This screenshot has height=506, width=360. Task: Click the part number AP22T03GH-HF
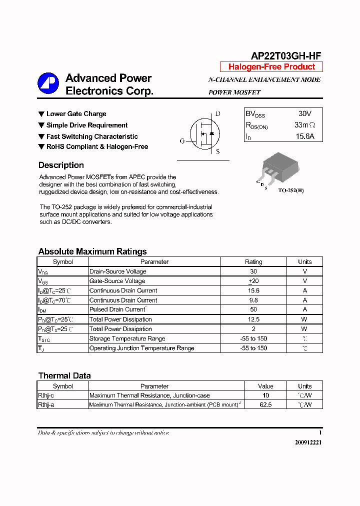tap(285, 56)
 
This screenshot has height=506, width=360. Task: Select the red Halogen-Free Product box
tap(271, 67)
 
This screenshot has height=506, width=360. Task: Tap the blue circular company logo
tap(48, 83)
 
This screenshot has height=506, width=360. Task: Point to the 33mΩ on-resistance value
tap(304, 125)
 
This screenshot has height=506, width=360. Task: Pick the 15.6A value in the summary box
tap(304, 136)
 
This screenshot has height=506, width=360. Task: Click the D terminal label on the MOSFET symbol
tap(217, 114)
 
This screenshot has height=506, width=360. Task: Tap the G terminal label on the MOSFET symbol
tap(182, 141)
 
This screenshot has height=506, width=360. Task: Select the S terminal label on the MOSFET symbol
tap(217, 151)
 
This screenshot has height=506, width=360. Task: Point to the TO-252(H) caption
tap(290, 190)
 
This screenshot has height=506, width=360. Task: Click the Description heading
tap(61, 165)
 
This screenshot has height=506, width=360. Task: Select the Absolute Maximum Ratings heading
tap(92, 251)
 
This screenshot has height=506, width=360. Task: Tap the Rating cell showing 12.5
tap(253, 319)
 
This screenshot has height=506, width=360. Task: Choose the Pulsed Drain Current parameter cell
tap(117, 310)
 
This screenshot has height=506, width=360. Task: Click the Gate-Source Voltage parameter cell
tap(117, 281)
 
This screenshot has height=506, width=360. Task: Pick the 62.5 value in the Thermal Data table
tap(265, 405)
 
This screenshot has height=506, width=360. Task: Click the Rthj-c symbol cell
tap(46, 395)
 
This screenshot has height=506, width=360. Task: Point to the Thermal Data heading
tap(64, 375)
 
